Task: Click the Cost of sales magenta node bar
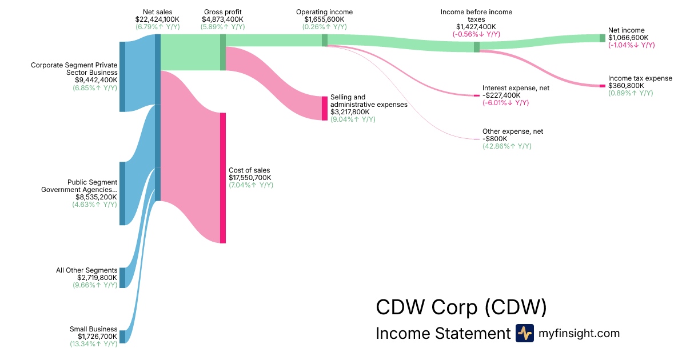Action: pos(223,178)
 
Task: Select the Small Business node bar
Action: pos(122,337)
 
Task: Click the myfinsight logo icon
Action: pos(524,333)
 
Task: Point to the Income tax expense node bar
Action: pos(602,86)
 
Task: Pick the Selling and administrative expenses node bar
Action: pos(325,108)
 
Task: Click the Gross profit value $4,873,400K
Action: pos(223,19)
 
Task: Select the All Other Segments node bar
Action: pos(122,278)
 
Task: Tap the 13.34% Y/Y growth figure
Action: pos(94,344)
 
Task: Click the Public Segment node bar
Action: pos(122,194)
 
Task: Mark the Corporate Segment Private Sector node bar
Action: pos(122,77)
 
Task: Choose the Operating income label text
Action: pos(324,11)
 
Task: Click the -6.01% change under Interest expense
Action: pos(505,103)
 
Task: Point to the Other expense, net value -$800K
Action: pos(494,139)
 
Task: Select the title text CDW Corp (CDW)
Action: pos(461,307)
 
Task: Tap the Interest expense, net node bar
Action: pos(477,95)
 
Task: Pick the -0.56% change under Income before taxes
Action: pos(476,34)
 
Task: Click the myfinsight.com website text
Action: pos(579,333)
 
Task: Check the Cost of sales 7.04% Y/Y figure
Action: pos(250,185)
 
